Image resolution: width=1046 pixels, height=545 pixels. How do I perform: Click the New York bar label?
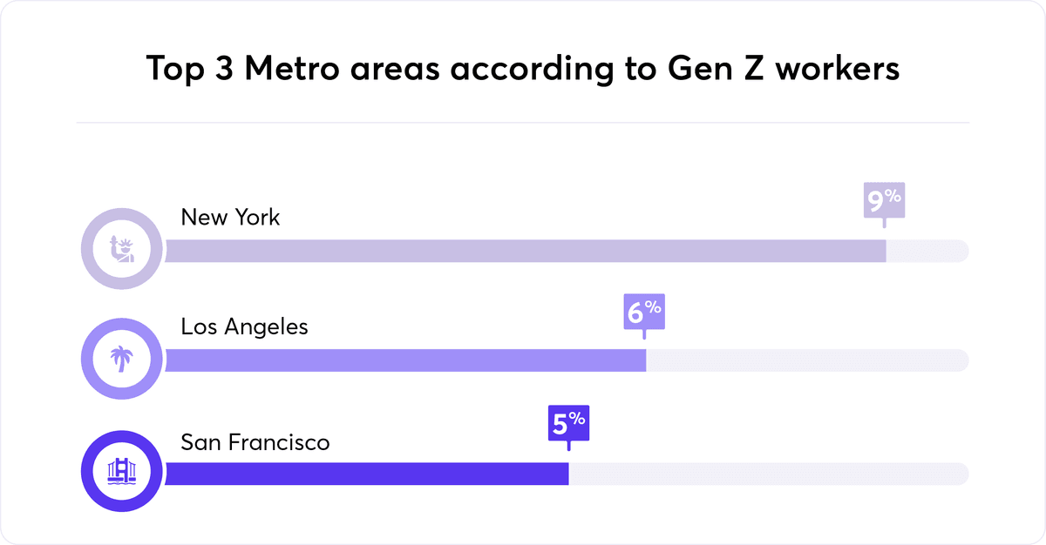(x=230, y=217)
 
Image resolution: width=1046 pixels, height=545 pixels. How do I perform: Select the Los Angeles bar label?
(x=244, y=326)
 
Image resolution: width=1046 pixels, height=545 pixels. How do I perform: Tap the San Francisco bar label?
(x=255, y=442)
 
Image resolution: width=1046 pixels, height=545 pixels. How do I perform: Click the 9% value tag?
(x=884, y=201)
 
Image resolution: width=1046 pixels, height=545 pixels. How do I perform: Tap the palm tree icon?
(x=121, y=359)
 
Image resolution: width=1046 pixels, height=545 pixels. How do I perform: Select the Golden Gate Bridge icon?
(x=121, y=472)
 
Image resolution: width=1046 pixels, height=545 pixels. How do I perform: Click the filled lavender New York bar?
(x=523, y=251)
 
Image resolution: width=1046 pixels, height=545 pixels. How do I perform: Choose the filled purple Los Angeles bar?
(x=405, y=360)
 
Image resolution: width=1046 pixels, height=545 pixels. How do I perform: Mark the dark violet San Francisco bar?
(x=366, y=474)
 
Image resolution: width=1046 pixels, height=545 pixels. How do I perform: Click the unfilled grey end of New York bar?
(x=927, y=251)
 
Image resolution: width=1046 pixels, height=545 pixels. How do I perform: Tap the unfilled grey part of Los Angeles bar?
(x=806, y=360)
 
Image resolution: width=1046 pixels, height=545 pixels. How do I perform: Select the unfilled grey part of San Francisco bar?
(x=767, y=474)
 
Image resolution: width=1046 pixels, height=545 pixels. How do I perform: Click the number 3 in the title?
(x=221, y=68)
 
